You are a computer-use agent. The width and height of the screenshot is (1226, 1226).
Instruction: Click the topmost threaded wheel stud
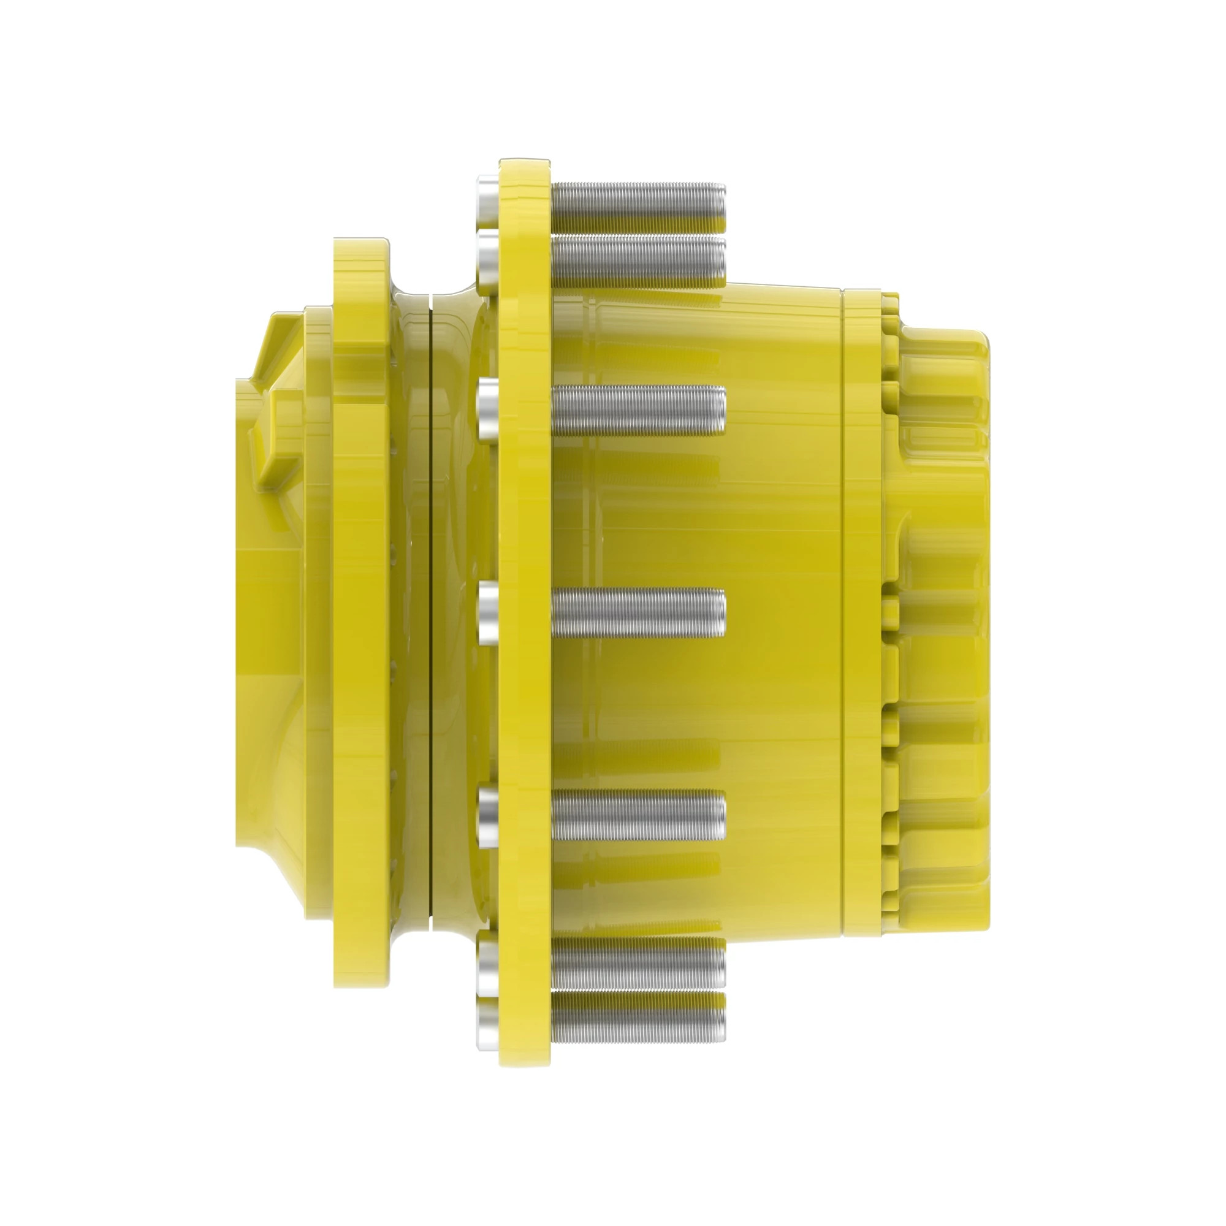coord(638,208)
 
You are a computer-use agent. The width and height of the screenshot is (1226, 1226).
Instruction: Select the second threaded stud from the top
coord(638,260)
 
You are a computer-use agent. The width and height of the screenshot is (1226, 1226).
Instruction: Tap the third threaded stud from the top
coord(638,411)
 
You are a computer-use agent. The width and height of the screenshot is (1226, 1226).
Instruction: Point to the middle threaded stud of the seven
coord(638,612)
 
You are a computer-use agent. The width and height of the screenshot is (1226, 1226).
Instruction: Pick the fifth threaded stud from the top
coord(638,814)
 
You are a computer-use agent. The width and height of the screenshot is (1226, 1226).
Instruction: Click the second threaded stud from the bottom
coord(638,964)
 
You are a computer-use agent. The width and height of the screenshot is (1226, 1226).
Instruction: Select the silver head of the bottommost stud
coord(487,1027)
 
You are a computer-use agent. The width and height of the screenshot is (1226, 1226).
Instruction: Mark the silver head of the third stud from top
coord(487,411)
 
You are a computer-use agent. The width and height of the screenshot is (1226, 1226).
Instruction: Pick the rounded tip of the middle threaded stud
coord(720,612)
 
